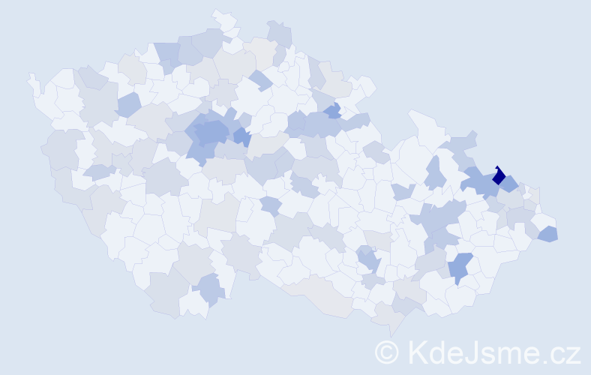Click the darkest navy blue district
click(x=498, y=178)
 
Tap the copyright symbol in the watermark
click(x=386, y=351)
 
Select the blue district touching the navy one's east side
click(x=510, y=182)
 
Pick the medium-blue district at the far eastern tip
click(x=548, y=234)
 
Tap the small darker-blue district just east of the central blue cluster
click(x=241, y=136)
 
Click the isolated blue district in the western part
click(x=127, y=105)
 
